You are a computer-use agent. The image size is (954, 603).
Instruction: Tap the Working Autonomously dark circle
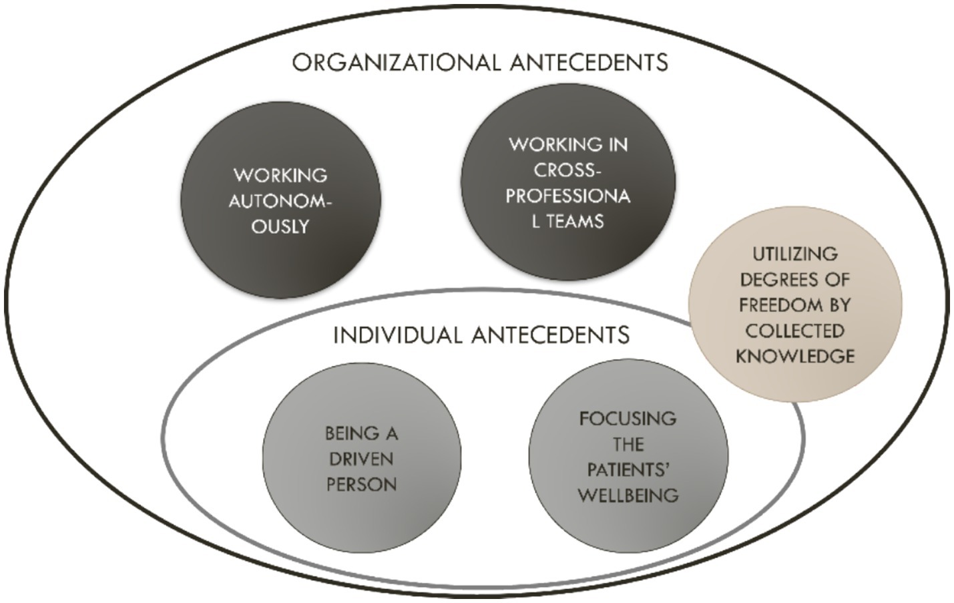coord(280,200)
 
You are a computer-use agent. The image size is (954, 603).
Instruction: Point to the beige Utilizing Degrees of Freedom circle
coord(794,305)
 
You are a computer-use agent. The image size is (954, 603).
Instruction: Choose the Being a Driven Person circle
coord(361,459)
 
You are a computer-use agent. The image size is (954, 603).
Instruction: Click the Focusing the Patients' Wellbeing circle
coord(628,457)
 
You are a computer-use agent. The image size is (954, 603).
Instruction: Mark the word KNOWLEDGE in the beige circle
coord(795,357)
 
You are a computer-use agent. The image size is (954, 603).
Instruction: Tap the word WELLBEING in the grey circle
coord(628,495)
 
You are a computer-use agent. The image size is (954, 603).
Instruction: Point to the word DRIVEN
coord(361,459)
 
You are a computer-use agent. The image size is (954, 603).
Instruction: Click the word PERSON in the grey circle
coord(361,484)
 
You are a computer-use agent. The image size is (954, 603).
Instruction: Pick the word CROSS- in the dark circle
coord(567,170)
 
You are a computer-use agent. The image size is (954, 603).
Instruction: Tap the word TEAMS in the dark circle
coord(575,222)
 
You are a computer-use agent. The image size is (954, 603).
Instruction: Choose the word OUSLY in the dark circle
coord(280,226)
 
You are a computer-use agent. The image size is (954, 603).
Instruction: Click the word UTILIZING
coord(794,254)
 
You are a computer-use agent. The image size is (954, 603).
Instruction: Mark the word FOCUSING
coord(628,419)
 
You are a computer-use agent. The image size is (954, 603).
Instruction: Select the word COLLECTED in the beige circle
coord(794,331)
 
